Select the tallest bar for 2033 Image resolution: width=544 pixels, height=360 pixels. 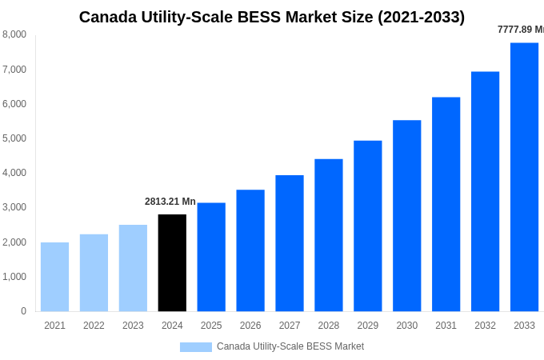(x=524, y=177)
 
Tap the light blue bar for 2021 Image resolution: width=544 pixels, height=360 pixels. (x=54, y=277)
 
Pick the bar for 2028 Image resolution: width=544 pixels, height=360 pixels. (x=328, y=235)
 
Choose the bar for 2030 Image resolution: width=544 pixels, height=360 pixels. (x=406, y=216)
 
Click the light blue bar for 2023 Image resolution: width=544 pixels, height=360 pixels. (x=133, y=268)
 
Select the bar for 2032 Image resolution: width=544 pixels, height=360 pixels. (x=485, y=191)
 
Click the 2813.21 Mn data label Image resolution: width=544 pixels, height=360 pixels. (x=170, y=202)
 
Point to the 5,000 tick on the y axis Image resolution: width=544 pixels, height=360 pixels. (x=14, y=138)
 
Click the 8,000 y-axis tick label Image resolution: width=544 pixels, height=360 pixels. (x=14, y=34)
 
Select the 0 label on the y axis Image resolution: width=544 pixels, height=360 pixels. (x=23, y=311)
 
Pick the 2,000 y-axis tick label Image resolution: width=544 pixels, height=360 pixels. (x=14, y=242)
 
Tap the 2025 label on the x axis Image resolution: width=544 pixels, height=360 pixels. (x=211, y=326)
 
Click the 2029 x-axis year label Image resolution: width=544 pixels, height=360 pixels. (x=367, y=326)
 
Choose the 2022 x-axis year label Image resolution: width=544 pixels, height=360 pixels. (x=94, y=326)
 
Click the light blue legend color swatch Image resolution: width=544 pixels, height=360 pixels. (x=195, y=347)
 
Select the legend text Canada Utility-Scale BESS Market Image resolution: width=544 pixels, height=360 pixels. (x=290, y=346)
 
